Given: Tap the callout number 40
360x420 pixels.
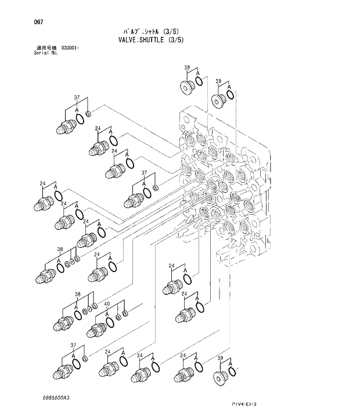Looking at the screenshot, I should click(107, 304).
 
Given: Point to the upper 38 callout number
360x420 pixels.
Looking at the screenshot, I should click(60, 249).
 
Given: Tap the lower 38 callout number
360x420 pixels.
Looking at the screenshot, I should click(77, 295).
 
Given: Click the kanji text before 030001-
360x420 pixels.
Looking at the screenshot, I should click(45, 48).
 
